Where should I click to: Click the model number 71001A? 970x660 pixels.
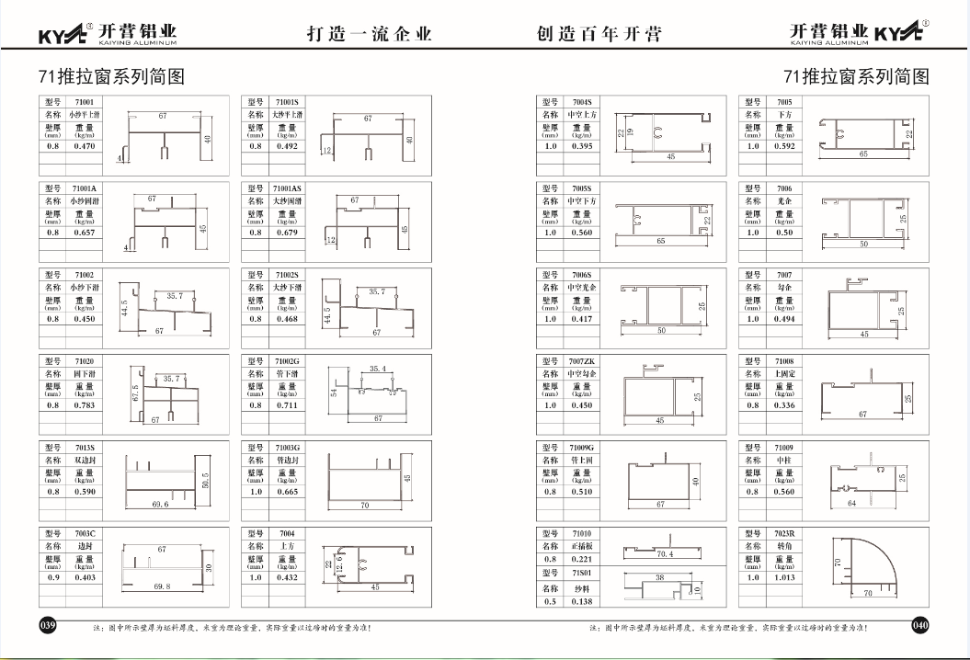(85, 188)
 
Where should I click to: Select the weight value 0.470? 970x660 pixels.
(85, 146)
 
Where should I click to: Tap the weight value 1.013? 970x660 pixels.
(784, 578)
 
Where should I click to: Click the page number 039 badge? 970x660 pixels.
(48, 625)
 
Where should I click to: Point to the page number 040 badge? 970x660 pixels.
(919, 625)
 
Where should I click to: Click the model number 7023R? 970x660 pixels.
(783, 534)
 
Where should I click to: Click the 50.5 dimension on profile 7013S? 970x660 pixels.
(205, 481)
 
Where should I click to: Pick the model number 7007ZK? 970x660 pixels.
(583, 361)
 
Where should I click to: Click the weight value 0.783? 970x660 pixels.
(85, 405)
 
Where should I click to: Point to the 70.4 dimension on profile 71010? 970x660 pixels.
(665, 554)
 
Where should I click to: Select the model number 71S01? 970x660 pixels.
(582, 574)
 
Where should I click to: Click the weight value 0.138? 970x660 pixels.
(582, 601)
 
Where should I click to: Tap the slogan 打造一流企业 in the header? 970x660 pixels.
(369, 34)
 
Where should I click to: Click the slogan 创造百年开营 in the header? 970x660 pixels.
(599, 34)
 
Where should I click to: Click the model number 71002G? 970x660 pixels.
(288, 361)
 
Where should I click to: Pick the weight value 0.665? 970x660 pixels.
(288, 492)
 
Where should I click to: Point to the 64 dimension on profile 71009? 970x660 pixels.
(850, 504)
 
